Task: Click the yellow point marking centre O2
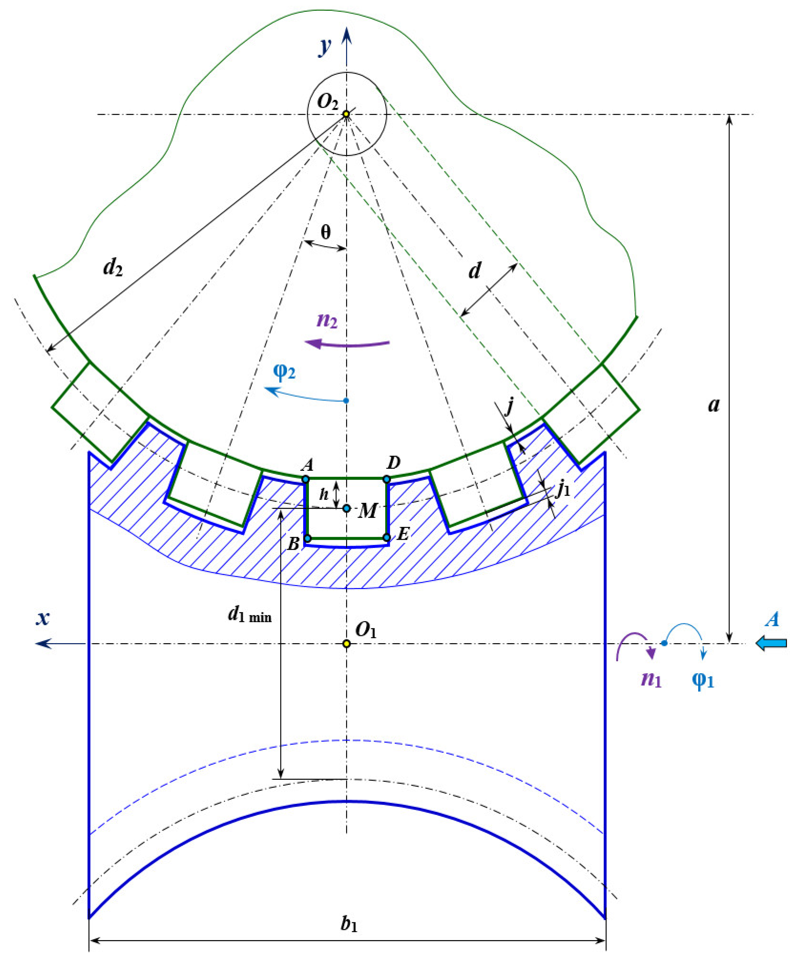tap(347, 114)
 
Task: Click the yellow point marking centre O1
tap(347, 644)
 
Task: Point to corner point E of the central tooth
tap(387, 537)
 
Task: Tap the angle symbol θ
tap(325, 232)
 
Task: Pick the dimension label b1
tap(349, 924)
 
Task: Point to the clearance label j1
tap(563, 490)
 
